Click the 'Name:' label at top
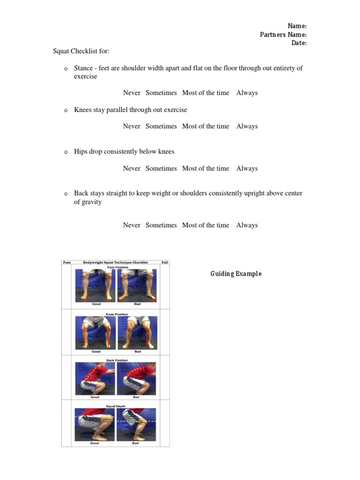pos(297,26)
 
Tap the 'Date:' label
pos(299,43)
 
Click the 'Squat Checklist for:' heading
pos(81,51)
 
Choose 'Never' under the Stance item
pos(132,93)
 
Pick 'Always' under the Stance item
pos(247,93)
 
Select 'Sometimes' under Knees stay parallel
pos(161,126)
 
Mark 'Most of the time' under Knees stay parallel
pos(206,126)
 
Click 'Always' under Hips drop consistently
pos(247,168)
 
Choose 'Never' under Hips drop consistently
pos(132,168)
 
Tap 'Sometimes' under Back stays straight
pos(161,225)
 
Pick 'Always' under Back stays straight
pos(247,225)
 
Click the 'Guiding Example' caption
pos(236,274)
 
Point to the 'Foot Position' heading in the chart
pos(118,267)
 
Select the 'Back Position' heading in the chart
pos(117,360)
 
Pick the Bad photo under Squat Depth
pos(136,424)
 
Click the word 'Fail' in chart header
pos(165,262)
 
